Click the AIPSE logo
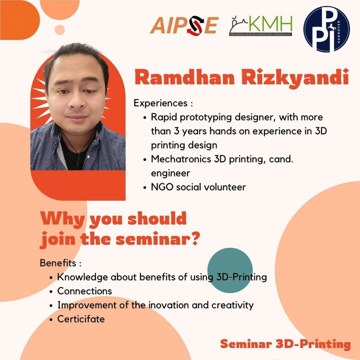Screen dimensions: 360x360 pos(184,25)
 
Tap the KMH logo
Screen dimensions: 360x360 pos(261,25)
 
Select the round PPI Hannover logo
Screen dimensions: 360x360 pos(327,29)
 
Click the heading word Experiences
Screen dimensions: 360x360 pos(160,103)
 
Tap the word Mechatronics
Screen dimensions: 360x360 pos(181,159)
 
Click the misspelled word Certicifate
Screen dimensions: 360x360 pos(81,319)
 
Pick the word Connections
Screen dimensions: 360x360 pos(84,291)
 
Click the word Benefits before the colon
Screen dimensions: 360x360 pos(58,263)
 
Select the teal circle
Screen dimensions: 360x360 pos(230,270)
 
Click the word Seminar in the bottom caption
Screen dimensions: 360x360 pos(246,344)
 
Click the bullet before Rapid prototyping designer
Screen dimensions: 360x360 pos(144,118)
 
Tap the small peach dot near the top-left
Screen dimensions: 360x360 pos(60,30)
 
